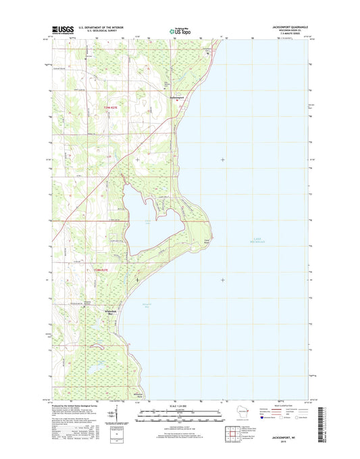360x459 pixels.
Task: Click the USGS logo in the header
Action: (x=61, y=30)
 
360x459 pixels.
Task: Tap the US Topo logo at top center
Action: (x=180, y=30)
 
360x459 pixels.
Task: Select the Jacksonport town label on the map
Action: (x=176, y=97)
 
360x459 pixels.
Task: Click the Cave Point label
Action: (x=207, y=241)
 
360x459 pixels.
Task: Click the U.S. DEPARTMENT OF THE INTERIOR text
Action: (x=99, y=28)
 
